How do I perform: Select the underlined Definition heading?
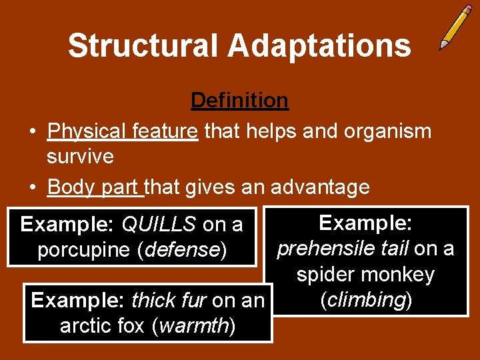(x=239, y=100)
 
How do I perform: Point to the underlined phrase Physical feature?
(x=123, y=131)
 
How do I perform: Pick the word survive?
(x=80, y=157)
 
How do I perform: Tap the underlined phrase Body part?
(x=95, y=187)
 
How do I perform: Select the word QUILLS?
(x=159, y=225)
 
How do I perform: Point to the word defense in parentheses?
(x=184, y=251)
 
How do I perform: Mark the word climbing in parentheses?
(x=365, y=300)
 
